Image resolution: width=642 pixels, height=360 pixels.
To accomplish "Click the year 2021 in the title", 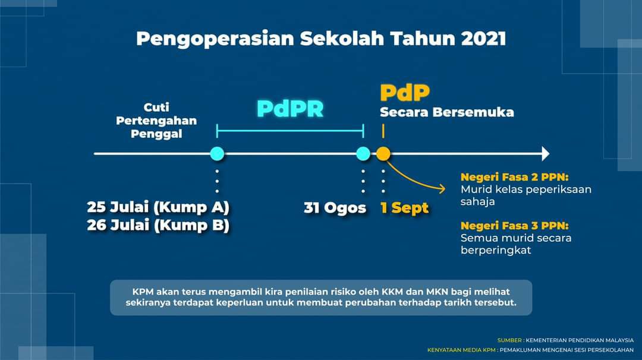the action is click(483, 39).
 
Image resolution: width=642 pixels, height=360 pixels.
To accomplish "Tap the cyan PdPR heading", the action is click(290, 109).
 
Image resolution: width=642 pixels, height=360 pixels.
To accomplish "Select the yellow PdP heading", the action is click(405, 93).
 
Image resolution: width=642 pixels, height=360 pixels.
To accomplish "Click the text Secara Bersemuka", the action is click(446, 112).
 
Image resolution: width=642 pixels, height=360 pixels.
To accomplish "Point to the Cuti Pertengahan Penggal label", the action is click(156, 121).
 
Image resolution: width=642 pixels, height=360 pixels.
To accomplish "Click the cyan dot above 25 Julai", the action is click(217, 154).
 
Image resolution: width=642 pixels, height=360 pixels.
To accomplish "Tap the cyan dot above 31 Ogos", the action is click(363, 154).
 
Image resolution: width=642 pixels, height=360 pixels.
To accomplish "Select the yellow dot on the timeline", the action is click(383, 154).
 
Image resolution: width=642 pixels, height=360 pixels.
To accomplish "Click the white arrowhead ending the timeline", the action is click(545, 154).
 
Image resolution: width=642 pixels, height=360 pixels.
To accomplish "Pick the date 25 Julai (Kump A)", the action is click(158, 207).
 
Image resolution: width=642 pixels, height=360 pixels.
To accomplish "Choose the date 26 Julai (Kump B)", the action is click(158, 225).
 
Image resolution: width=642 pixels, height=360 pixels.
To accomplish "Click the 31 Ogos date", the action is click(335, 208).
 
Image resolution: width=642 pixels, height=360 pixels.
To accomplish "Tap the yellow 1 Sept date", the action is click(404, 208).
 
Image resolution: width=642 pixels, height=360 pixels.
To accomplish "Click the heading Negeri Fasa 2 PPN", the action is click(515, 177).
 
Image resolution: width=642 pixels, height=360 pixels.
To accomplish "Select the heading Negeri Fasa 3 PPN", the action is click(515, 225).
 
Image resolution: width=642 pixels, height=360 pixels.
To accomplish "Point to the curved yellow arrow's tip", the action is click(445, 188).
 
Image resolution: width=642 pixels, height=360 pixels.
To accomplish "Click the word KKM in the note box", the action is click(392, 292).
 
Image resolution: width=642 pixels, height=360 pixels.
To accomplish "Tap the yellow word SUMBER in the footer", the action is click(509, 340).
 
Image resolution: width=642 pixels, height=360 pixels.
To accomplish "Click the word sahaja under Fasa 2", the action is click(478, 201).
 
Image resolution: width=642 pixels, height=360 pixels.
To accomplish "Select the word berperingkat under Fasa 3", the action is click(496, 250).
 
